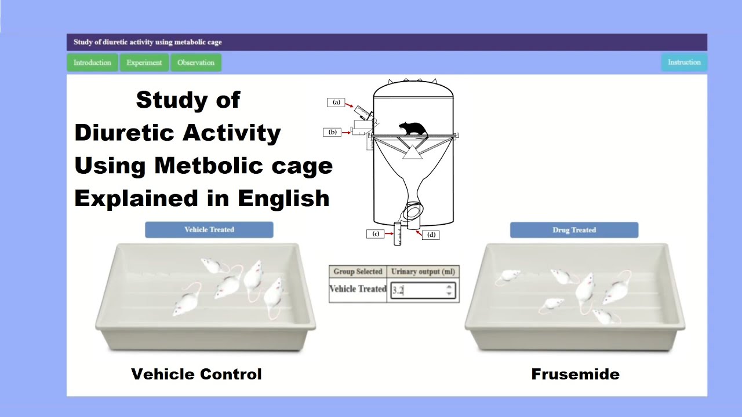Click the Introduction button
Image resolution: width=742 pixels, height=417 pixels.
click(x=92, y=63)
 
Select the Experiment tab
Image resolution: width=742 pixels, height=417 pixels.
click(x=144, y=63)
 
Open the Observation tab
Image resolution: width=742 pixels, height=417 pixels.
click(x=196, y=63)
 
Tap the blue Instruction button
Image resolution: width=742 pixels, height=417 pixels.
click(x=684, y=62)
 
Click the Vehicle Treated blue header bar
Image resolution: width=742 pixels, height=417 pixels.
click(x=209, y=229)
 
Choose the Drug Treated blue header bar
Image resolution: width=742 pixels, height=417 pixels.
click(x=574, y=230)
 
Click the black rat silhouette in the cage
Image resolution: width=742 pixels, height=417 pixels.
click(x=413, y=129)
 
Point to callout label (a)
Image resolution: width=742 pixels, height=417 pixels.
click(x=336, y=103)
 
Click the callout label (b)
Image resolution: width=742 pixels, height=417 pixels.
click(x=333, y=132)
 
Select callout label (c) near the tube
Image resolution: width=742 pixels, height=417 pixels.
click(x=376, y=234)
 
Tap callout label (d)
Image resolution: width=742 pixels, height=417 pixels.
click(x=431, y=235)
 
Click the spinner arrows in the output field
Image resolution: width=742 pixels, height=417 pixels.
click(x=449, y=290)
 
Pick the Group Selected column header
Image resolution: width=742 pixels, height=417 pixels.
click(x=358, y=271)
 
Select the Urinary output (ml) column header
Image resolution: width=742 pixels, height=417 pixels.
click(x=423, y=271)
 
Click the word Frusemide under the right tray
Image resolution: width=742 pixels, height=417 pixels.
click(x=575, y=374)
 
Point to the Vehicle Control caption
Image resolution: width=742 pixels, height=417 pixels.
click(x=197, y=374)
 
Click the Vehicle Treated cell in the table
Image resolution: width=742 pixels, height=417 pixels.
click(x=358, y=288)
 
